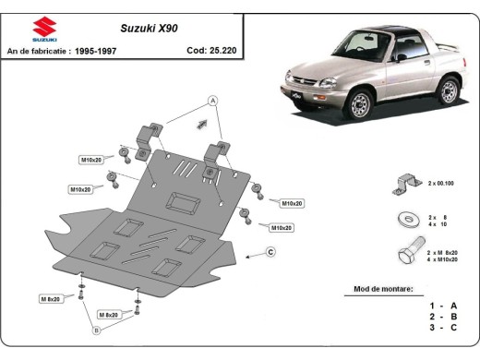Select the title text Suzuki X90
pyautogui.click(x=150, y=29)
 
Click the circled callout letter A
pyautogui.click(x=211, y=100)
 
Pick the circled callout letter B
pyautogui.click(x=95, y=330)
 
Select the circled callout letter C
pyautogui.click(x=270, y=252)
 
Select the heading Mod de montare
pyautogui.click(x=383, y=289)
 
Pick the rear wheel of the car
pyautogui.click(x=449, y=90)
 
